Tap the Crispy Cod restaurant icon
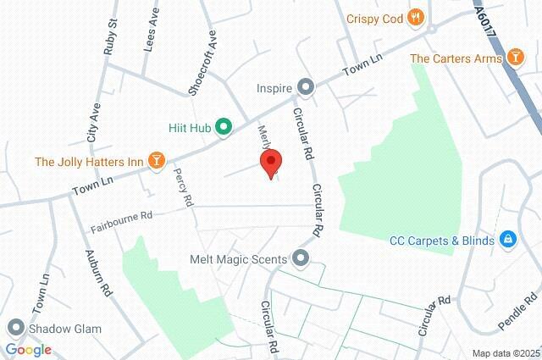(x=415, y=17)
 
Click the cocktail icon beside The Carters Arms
(x=515, y=58)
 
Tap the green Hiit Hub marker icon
(x=224, y=128)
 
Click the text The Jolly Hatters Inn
(x=88, y=161)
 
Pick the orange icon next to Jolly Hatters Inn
(x=156, y=161)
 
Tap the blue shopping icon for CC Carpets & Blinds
(x=507, y=241)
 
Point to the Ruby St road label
(x=109, y=43)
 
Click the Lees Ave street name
(x=150, y=38)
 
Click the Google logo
(x=28, y=350)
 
